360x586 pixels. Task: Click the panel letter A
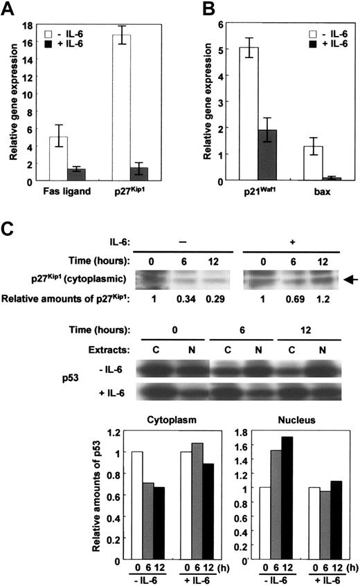point(11,10)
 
